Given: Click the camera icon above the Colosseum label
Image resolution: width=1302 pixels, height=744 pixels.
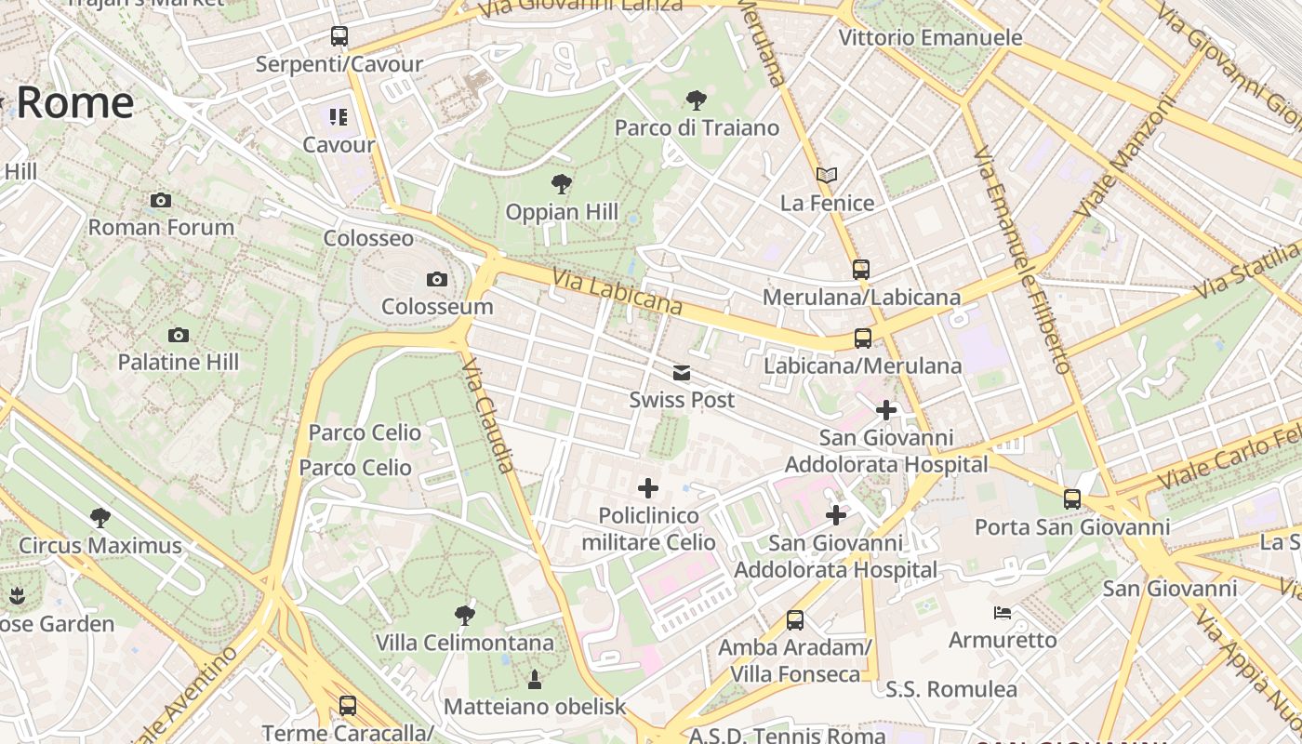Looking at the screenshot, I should tap(436, 279).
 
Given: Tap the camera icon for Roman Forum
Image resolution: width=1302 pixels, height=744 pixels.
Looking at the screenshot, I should tap(161, 200).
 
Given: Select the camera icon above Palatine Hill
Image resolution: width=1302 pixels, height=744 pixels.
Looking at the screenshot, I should tap(179, 335).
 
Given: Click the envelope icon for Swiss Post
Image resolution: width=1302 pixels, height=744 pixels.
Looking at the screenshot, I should tap(682, 373).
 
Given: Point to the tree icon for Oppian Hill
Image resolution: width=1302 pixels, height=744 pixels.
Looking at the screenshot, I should tap(561, 184).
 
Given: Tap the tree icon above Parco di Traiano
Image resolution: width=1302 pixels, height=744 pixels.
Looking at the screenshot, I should tap(697, 100).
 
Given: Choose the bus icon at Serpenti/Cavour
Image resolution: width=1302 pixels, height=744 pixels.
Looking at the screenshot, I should tap(339, 36).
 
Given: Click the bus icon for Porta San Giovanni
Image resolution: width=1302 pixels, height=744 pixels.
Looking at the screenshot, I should tap(1072, 499).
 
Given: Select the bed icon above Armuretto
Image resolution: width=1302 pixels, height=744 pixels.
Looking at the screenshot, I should tap(1003, 612).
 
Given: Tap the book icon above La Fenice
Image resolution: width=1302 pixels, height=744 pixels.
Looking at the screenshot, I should tap(827, 175).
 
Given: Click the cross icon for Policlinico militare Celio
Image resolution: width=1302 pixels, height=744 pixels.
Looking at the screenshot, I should tap(648, 488).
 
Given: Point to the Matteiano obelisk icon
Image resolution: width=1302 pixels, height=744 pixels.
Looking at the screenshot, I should tap(535, 680).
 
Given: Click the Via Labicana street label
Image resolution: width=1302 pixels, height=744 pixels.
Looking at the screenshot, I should tap(617, 292).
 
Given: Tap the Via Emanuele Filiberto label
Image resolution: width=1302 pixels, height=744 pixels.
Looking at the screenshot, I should tap(1023, 260).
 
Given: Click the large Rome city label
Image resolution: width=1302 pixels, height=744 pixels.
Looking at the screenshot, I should tap(74, 102).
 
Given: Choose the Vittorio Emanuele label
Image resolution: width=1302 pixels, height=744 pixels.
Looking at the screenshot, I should tap(930, 38).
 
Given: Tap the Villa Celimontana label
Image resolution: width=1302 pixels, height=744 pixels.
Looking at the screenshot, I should tap(464, 643).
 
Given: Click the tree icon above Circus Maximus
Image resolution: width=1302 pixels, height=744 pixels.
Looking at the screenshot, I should tap(100, 518).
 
